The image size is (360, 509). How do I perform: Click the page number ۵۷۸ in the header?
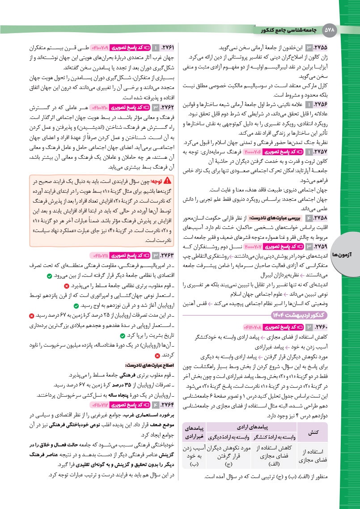(330, 30)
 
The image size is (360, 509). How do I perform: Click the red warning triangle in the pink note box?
(168, 181)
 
